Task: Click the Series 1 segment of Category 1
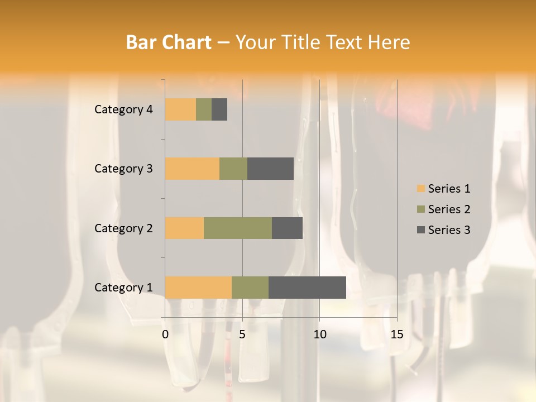[198, 287]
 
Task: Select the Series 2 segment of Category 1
[250, 287]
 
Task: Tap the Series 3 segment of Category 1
[307, 287]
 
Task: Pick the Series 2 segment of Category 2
[238, 228]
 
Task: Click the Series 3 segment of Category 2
[287, 228]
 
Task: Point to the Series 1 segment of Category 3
[192, 169]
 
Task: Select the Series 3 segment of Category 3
[270, 169]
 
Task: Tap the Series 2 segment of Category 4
[204, 109]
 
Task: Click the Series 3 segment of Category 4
[219, 109]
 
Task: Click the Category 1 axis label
[123, 288]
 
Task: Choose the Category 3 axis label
[123, 169]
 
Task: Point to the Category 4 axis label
[123, 109]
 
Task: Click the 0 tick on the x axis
[165, 334]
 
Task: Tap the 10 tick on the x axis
[319, 334]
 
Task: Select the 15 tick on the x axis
[396, 334]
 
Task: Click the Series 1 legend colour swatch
[420, 189]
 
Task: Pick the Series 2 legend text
[449, 209]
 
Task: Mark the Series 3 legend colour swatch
[420, 230]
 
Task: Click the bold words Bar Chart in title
[169, 42]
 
